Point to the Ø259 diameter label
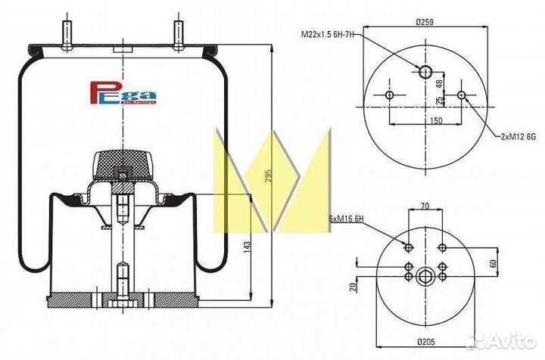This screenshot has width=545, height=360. pyautogui.click(x=423, y=23)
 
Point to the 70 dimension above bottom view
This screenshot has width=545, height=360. pyautogui.click(x=425, y=205)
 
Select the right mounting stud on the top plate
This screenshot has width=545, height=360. pyautogui.click(x=180, y=35)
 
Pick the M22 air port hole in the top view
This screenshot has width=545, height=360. pyautogui.click(x=425, y=72)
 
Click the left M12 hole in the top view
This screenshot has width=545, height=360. pyautogui.click(x=389, y=96)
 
